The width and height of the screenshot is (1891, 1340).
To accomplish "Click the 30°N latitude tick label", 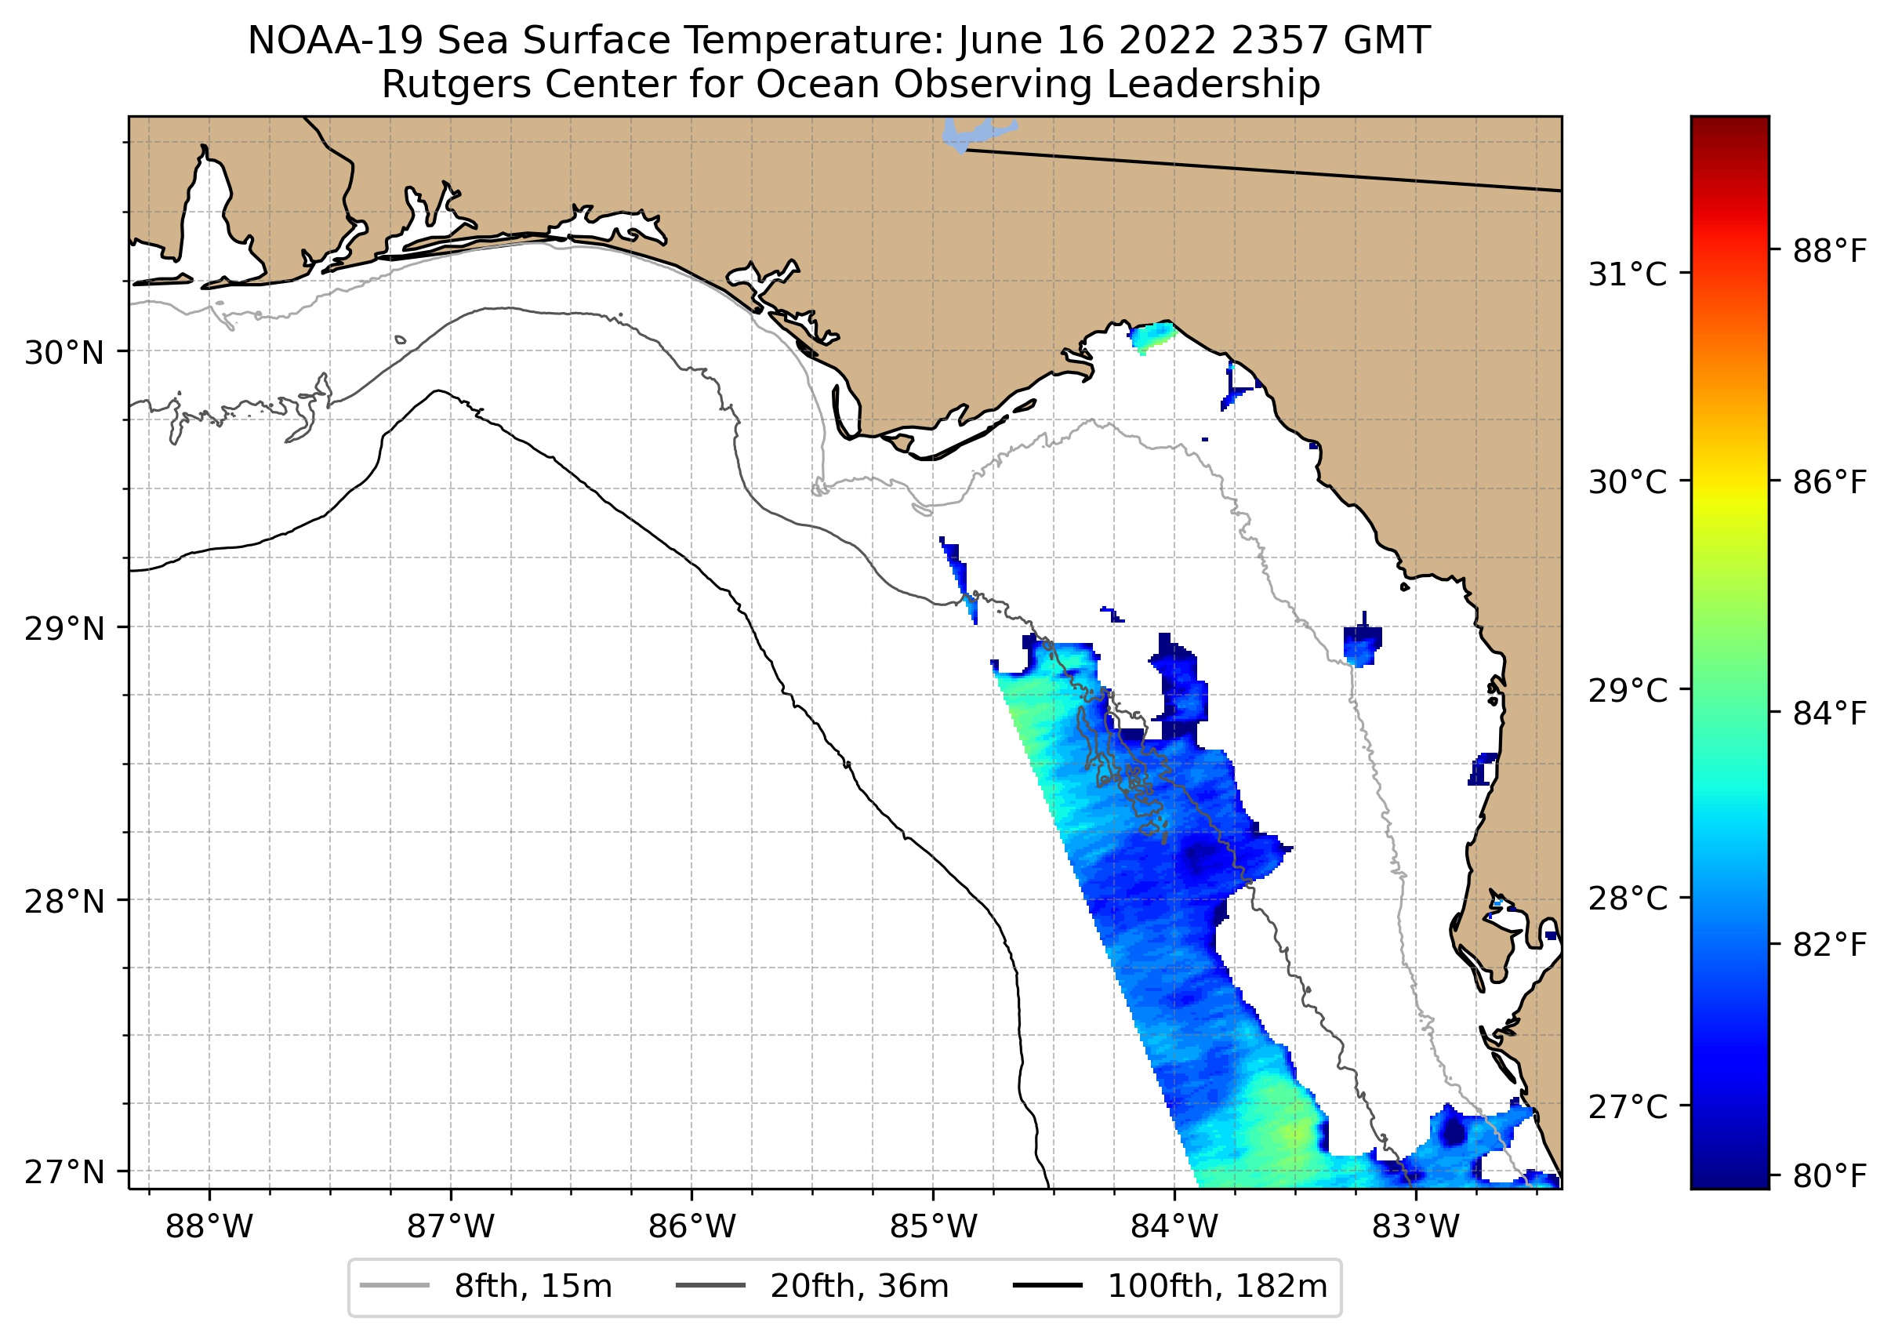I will [64, 353].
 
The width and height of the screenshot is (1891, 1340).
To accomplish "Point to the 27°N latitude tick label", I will [64, 1171].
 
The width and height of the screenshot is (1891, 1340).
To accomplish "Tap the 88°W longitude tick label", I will [209, 1228].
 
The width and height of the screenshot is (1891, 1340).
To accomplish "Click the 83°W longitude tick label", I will [1416, 1228].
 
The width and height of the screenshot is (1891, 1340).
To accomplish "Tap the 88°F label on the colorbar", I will [1829, 251].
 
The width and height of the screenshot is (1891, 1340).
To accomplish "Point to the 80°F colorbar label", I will [1829, 1176].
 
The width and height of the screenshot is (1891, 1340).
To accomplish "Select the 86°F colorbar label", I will [1829, 482].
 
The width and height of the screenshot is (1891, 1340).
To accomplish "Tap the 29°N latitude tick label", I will [64, 629].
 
